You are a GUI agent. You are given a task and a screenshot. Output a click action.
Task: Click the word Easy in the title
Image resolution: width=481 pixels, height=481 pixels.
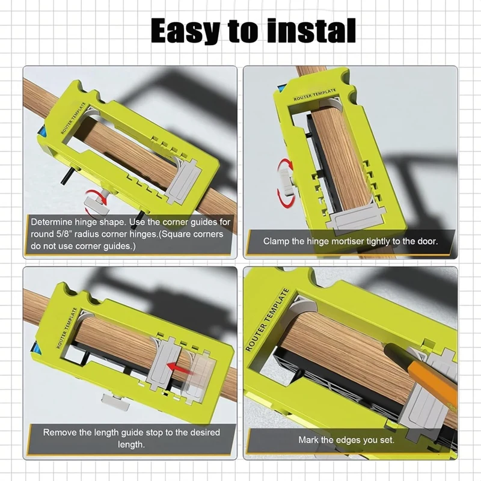(x=186, y=31)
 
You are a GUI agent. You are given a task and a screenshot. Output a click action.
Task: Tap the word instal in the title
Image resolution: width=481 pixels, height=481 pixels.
(x=311, y=31)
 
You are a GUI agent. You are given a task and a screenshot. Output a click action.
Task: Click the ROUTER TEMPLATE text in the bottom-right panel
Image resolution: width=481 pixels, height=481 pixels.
(x=268, y=320)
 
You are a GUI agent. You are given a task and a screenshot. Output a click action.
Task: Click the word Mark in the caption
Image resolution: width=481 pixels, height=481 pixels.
(x=308, y=440)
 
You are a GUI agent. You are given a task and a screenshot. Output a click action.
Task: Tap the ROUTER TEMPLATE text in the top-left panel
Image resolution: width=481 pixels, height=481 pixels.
(x=73, y=118)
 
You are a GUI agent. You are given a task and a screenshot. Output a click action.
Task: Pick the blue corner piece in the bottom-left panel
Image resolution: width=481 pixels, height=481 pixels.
(x=35, y=349)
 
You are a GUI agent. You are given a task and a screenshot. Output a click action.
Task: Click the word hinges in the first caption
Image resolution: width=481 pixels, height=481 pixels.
(x=144, y=234)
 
